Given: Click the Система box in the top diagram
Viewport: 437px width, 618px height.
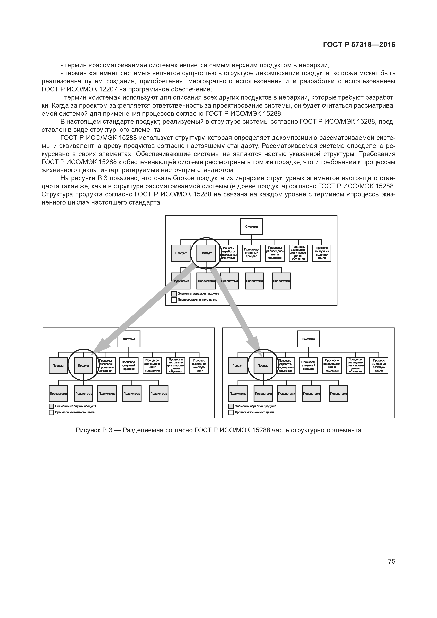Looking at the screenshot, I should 251,226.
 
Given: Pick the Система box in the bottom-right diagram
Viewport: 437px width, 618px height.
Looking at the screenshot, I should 308,339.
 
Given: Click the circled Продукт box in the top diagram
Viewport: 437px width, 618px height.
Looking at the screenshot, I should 206,253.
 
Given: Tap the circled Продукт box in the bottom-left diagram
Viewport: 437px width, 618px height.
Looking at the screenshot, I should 84,366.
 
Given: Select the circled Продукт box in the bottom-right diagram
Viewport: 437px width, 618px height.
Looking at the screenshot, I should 263,366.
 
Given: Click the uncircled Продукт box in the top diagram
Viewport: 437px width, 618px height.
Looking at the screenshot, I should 181,253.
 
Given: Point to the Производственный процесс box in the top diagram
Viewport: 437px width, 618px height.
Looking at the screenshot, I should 251,253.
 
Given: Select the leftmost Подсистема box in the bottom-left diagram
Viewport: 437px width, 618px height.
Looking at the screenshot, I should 58,394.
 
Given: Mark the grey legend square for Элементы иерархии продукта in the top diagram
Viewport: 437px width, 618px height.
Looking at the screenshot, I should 174,294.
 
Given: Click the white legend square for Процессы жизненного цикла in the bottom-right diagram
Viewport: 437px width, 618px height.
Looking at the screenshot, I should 231,412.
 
